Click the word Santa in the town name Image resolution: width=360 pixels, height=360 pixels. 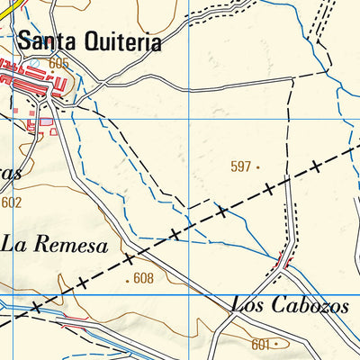tap(46, 41)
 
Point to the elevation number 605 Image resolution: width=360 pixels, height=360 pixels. tap(59, 63)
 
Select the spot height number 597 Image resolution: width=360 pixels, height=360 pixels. tap(240, 166)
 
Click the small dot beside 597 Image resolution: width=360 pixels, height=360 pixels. tap(257, 166)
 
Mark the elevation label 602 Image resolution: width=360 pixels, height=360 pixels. tap(11, 202)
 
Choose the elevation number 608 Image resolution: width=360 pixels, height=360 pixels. tap(143, 279)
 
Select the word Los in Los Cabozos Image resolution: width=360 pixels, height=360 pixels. tap(247, 305)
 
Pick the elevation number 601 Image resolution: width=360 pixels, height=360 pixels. tap(261, 344)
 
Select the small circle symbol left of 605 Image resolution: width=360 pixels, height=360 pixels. tap(43, 63)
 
